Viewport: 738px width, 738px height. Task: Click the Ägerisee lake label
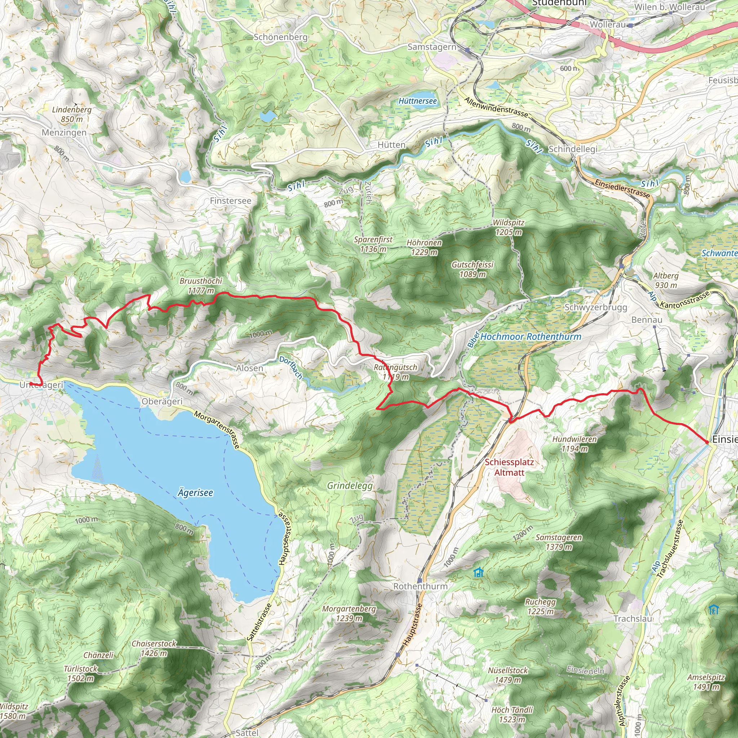click(x=195, y=493)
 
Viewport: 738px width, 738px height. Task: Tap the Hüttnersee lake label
click(x=417, y=101)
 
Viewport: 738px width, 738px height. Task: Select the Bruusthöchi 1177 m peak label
click(x=201, y=286)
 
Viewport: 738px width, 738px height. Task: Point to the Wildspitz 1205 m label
click(x=508, y=227)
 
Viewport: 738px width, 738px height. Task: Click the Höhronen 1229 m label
click(x=424, y=247)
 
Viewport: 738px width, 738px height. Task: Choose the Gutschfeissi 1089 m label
click(x=472, y=269)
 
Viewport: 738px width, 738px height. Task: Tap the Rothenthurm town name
click(x=420, y=586)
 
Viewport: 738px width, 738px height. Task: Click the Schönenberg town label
click(x=281, y=37)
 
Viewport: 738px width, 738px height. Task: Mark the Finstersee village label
click(x=231, y=201)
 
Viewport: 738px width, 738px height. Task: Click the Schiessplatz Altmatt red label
click(x=509, y=467)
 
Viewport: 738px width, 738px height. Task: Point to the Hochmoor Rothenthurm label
click(x=530, y=337)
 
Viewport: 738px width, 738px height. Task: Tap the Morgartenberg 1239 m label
click(x=349, y=613)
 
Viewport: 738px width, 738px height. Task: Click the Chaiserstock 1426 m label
click(x=154, y=648)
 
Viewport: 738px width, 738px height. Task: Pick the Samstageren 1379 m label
click(x=559, y=542)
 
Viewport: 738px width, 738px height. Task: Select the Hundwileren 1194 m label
click(x=574, y=444)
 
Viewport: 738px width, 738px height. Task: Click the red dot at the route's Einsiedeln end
click(x=707, y=442)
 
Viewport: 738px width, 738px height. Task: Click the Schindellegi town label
click(x=573, y=149)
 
